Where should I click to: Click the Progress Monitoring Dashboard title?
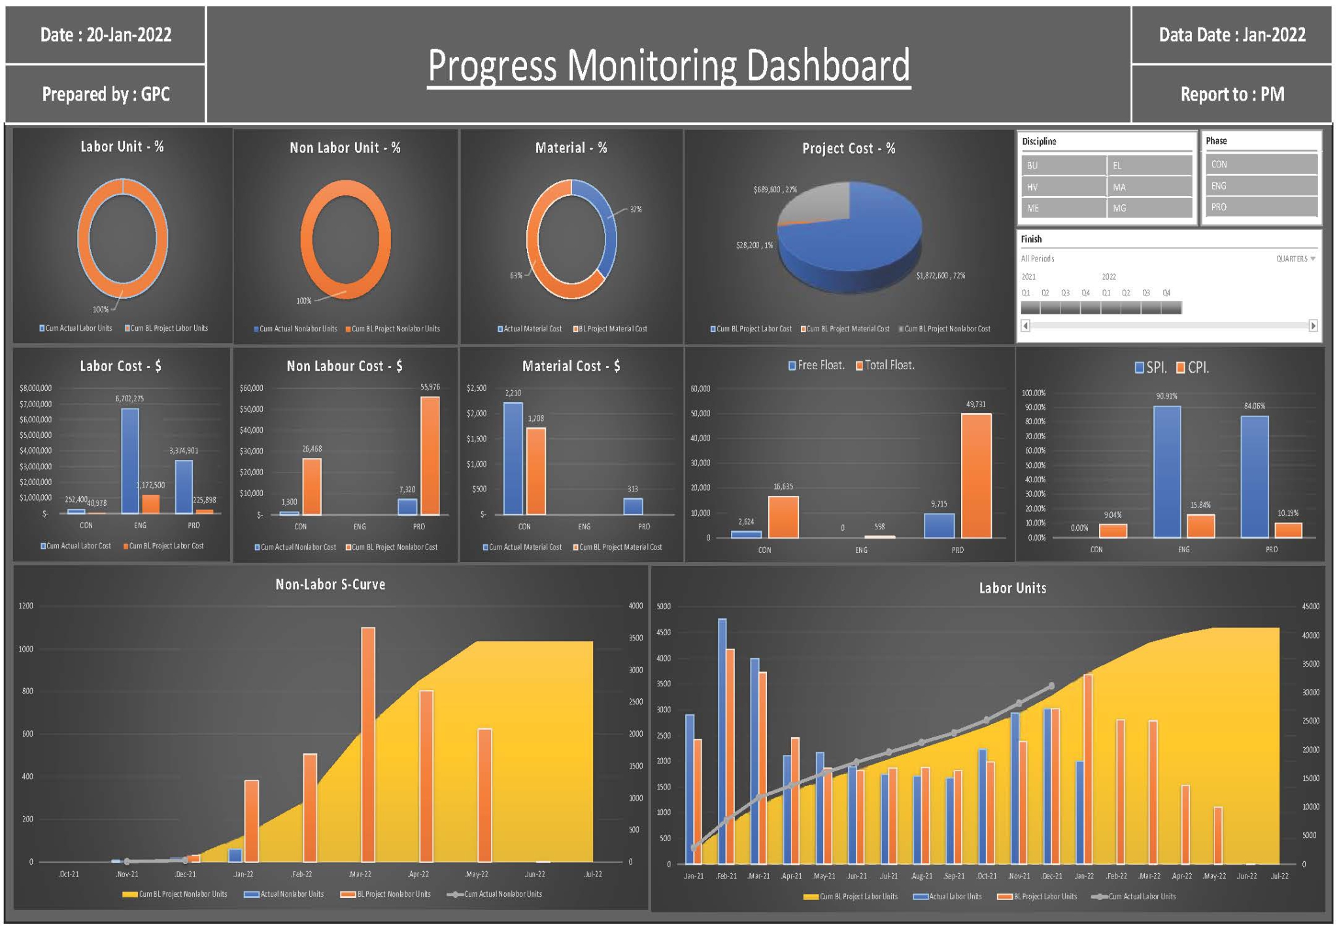(668, 65)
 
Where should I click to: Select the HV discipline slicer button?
(1063, 187)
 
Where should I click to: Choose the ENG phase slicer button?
(1261, 186)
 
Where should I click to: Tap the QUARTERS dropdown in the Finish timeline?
(1295, 259)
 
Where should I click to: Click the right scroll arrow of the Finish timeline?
(1313, 325)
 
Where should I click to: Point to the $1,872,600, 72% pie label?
(940, 276)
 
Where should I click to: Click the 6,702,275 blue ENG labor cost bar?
(130, 461)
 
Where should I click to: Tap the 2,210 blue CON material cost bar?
(513, 458)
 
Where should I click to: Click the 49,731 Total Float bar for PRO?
(975, 476)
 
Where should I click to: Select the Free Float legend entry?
(817, 365)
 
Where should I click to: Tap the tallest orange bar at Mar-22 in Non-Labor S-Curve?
(368, 744)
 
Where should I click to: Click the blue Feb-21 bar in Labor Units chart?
(722, 741)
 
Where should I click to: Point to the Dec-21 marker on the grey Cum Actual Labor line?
(1051, 686)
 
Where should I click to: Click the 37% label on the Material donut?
(636, 210)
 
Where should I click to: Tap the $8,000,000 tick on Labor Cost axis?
(35, 388)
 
